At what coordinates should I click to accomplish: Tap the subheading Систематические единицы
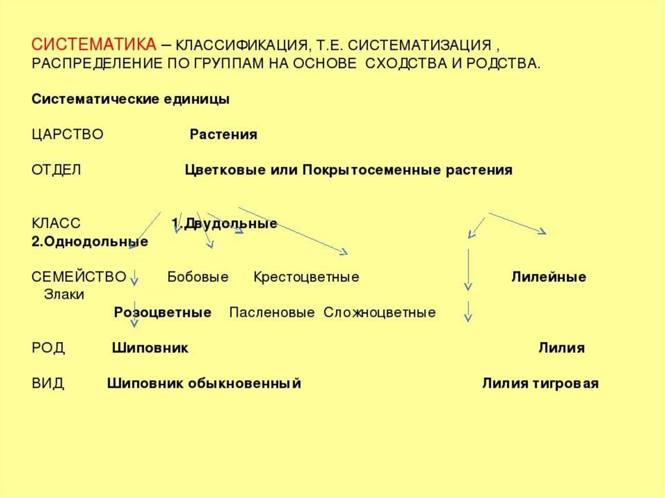(x=130, y=100)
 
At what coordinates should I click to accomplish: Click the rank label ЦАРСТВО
(x=68, y=135)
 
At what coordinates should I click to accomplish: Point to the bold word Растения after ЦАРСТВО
(x=223, y=135)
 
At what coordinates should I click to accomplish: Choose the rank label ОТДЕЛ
(x=56, y=170)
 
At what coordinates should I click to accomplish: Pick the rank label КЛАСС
(x=56, y=224)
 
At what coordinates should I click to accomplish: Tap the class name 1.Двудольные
(x=225, y=224)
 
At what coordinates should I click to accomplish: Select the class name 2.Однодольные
(x=90, y=242)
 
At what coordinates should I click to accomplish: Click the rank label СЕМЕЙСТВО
(x=79, y=277)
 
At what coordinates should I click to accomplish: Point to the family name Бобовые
(x=198, y=277)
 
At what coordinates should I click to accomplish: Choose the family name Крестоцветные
(x=307, y=277)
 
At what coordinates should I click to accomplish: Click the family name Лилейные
(x=549, y=277)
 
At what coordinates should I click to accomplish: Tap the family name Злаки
(x=64, y=294)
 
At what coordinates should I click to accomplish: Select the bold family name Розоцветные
(x=162, y=312)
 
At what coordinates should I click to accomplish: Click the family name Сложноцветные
(x=380, y=312)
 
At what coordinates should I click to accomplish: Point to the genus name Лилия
(x=561, y=348)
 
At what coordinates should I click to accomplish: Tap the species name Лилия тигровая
(x=540, y=383)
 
